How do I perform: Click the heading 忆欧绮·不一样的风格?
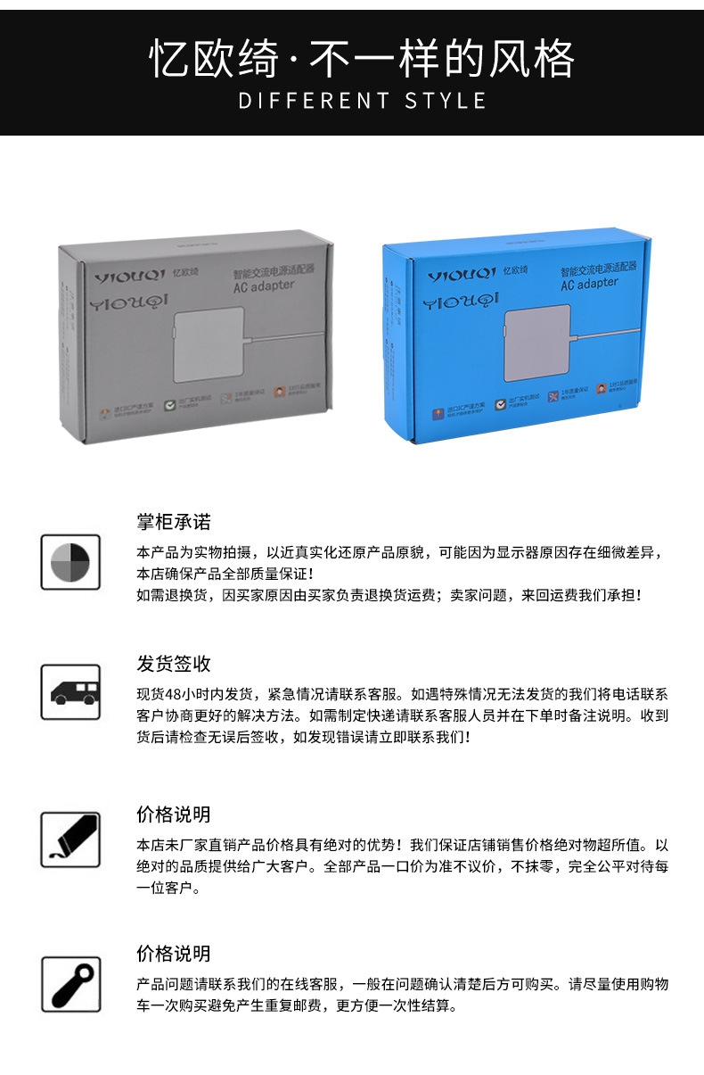click(x=362, y=59)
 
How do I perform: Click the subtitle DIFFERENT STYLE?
click(x=362, y=101)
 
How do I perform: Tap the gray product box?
click(x=197, y=339)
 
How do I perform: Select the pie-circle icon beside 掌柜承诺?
click(x=70, y=561)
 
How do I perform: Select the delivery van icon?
click(x=70, y=692)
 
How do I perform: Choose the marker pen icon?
click(x=70, y=839)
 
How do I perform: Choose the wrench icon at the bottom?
click(x=70, y=984)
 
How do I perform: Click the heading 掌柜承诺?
click(x=174, y=522)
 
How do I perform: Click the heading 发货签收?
click(x=174, y=664)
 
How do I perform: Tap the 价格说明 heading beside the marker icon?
click(x=174, y=815)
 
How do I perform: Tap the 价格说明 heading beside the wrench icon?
click(x=174, y=954)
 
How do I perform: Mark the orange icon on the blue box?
click(x=438, y=412)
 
